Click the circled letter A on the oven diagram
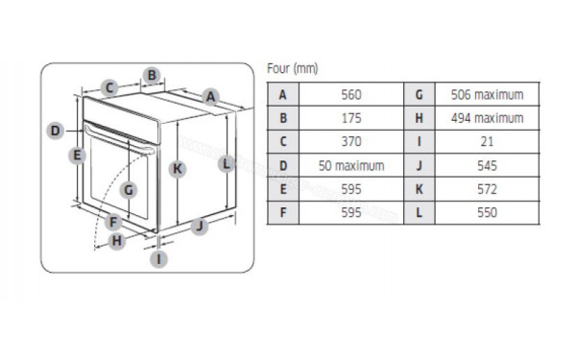pyautogui.click(x=210, y=95)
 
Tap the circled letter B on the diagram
pyautogui.click(x=152, y=75)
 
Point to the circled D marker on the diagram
pyautogui.click(x=55, y=131)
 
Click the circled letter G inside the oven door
pyautogui.click(x=129, y=189)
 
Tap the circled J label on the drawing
pyautogui.click(x=199, y=227)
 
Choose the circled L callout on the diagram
pyautogui.click(x=227, y=163)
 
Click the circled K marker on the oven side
pyautogui.click(x=177, y=169)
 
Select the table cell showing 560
pyautogui.click(x=350, y=95)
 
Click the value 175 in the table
pyautogui.click(x=350, y=118)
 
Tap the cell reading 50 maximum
pyautogui.click(x=350, y=165)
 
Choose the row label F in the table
pyautogui.click(x=282, y=212)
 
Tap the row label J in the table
pyautogui.click(x=419, y=165)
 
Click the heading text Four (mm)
pyautogui.click(x=292, y=69)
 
